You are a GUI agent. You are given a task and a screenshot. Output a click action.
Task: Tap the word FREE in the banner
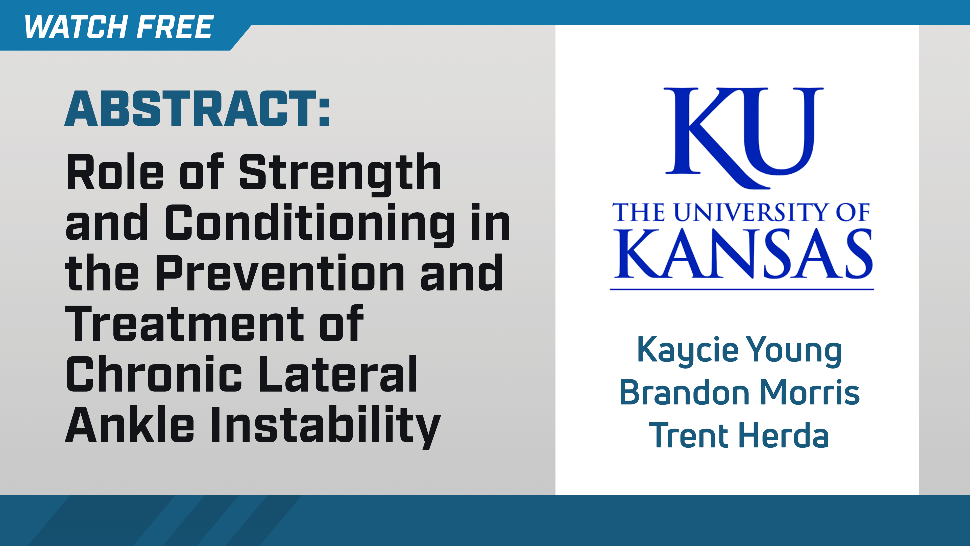175,27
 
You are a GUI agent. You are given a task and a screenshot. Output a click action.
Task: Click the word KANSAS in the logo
743,254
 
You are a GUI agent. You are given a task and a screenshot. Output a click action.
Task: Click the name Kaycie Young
739,350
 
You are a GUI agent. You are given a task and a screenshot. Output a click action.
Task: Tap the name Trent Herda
739,435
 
